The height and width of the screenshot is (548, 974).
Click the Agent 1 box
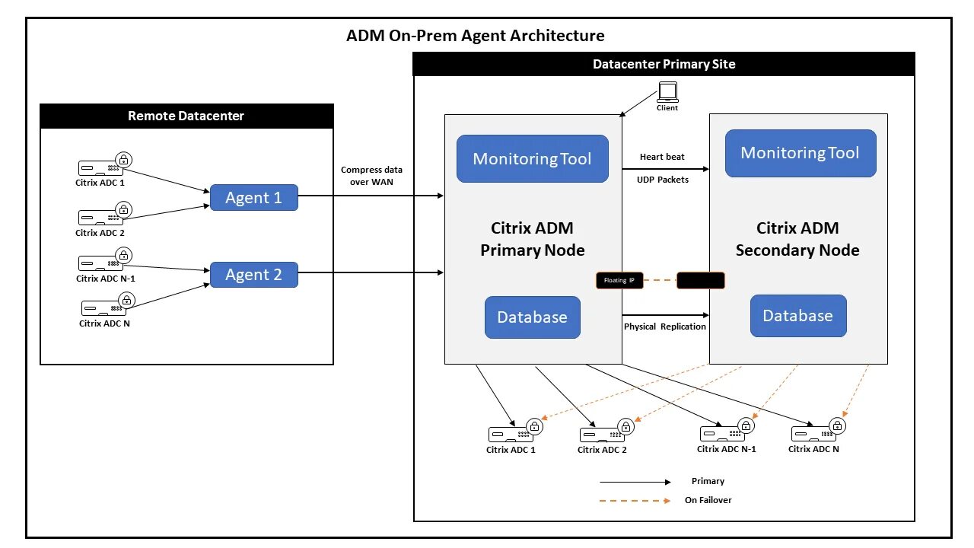coord(253,198)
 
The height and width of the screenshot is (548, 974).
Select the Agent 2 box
coord(253,275)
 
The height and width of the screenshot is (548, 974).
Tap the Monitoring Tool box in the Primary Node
coord(532,159)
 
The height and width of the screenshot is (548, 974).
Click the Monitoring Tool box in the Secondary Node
coord(800,153)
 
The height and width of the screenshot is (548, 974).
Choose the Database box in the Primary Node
coord(532,317)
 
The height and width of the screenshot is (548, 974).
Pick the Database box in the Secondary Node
coord(797,316)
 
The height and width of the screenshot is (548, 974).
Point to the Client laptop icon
coord(667,93)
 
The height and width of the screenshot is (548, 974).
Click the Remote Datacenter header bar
coord(186,116)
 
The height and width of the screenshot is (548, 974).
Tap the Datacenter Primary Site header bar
coord(664,65)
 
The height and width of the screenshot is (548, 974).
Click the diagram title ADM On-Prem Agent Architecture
coord(476,36)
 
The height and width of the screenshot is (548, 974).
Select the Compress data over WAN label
coord(371,176)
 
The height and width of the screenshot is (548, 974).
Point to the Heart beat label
coord(662,157)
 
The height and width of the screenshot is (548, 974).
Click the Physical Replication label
coord(665,327)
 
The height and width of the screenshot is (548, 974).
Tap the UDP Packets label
coord(663,180)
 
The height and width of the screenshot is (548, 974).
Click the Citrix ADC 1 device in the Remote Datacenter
coord(100,168)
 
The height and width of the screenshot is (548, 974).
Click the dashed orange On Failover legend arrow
coord(635,501)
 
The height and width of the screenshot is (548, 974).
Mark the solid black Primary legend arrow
coord(635,482)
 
